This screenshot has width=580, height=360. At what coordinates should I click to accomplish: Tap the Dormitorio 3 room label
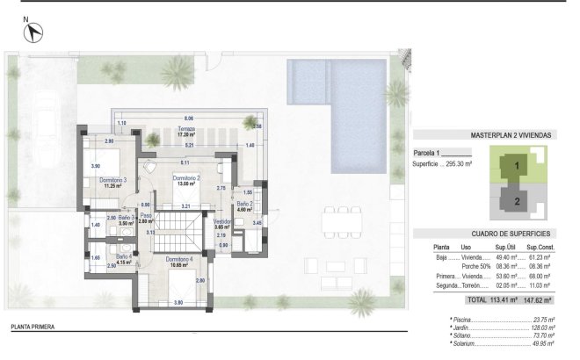(x=113, y=183)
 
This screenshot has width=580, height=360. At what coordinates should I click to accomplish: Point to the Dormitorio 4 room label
(x=178, y=262)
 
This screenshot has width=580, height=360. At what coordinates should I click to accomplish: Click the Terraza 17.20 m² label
(x=185, y=132)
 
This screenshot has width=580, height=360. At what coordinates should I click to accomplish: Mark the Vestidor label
(x=223, y=224)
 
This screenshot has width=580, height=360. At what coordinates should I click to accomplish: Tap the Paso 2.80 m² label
(x=147, y=220)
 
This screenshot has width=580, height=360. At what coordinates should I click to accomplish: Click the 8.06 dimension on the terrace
(x=189, y=118)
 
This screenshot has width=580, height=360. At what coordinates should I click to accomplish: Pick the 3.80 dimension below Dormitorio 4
(x=178, y=302)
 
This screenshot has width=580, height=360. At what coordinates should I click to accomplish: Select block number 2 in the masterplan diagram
(x=517, y=200)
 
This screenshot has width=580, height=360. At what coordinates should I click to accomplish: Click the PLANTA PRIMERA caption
(x=33, y=327)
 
